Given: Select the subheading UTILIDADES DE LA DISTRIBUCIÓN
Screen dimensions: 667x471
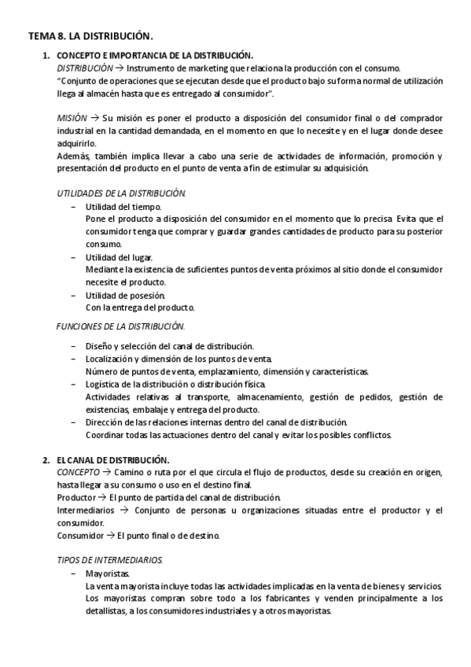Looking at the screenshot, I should tap(121, 193).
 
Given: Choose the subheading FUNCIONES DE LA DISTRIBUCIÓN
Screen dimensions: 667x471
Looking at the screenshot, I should tap(121, 326).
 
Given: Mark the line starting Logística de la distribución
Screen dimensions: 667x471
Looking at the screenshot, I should tap(175, 384).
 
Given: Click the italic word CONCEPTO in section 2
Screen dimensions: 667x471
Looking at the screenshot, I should tap(79, 472).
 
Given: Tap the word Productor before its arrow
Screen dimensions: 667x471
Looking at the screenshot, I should tap(76, 498).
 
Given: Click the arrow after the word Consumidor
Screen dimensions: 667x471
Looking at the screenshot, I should tap(111, 536).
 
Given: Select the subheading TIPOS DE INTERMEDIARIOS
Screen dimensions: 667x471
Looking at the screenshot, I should tap(110, 561).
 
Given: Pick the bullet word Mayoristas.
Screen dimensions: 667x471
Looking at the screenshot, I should tap(108, 574).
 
